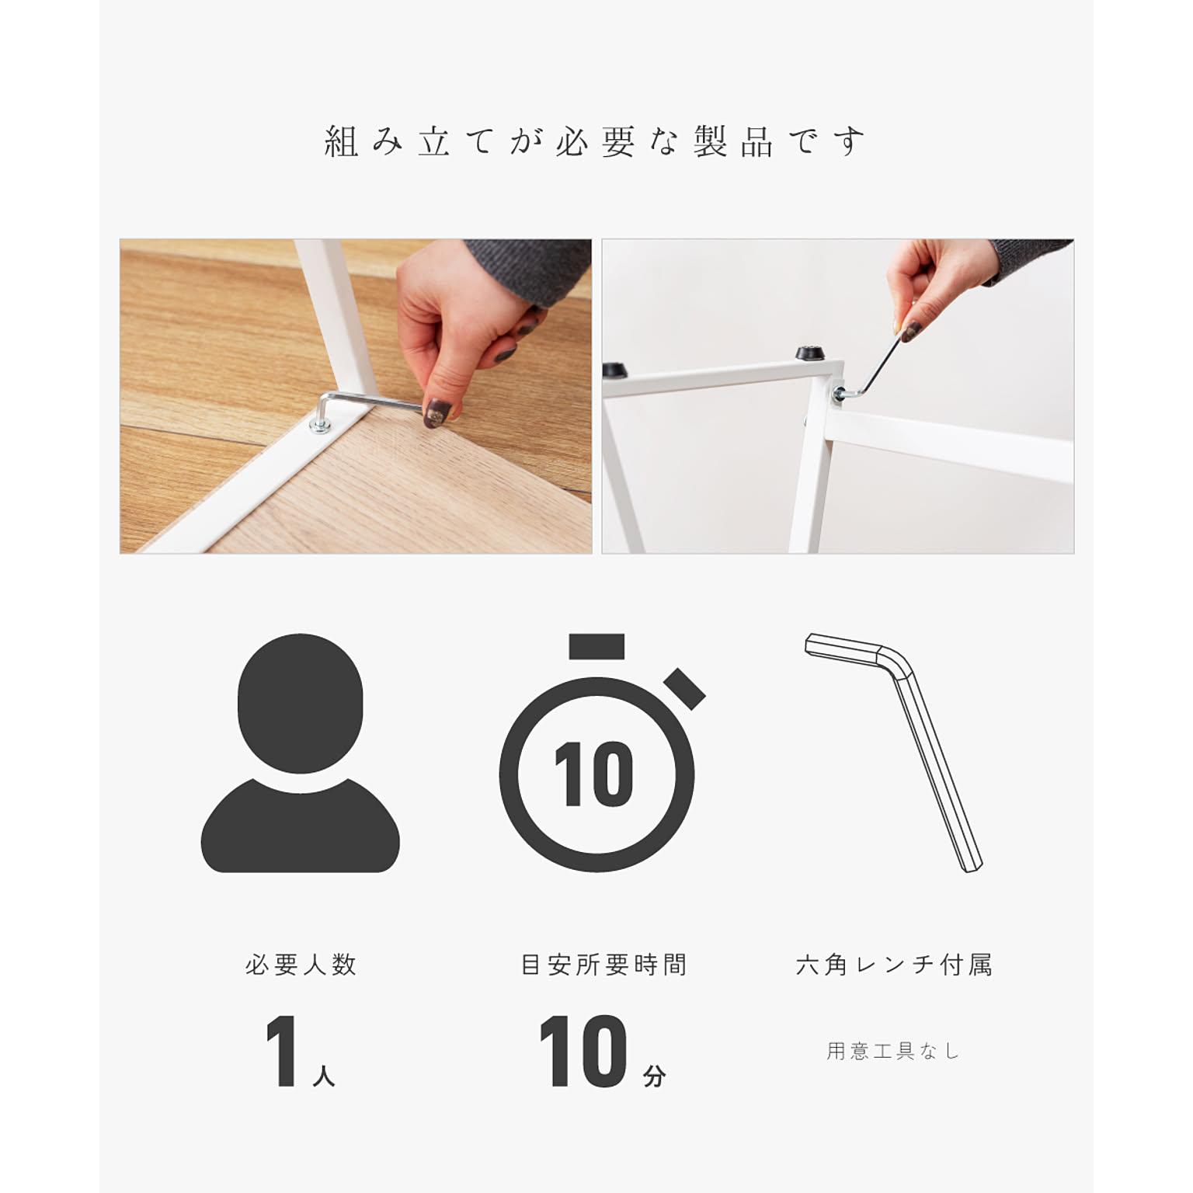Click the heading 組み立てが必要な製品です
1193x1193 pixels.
(x=595, y=142)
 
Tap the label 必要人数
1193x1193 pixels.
(x=301, y=965)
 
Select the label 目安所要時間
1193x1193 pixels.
(x=603, y=965)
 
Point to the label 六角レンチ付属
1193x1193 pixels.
(x=894, y=965)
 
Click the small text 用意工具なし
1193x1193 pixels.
(x=893, y=1051)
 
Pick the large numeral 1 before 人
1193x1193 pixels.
(x=282, y=1051)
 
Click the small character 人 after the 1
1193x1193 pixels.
(x=324, y=1076)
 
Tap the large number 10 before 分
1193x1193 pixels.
(x=583, y=1051)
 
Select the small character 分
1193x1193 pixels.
(x=654, y=1076)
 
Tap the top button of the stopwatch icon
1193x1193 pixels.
(x=596, y=646)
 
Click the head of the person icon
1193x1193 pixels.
(x=301, y=704)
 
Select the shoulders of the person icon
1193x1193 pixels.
(x=301, y=827)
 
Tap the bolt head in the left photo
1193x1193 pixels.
(x=319, y=424)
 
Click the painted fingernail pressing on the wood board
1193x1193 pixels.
(x=436, y=412)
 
